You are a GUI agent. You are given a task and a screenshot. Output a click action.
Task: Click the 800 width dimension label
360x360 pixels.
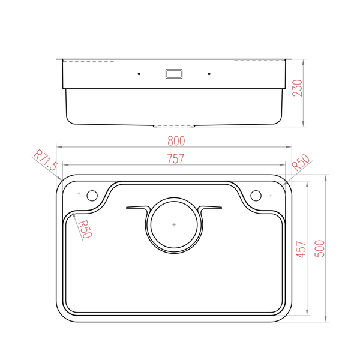point(176,141)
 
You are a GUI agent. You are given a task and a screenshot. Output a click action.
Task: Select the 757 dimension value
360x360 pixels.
point(176,158)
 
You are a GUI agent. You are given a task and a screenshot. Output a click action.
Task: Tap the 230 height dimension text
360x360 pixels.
point(298,88)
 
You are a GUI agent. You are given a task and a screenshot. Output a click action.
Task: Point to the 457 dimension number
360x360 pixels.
point(301,250)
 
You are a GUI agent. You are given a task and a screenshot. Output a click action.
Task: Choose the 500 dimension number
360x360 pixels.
point(319,248)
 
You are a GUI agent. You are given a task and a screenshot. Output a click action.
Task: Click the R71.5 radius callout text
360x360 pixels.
point(46,160)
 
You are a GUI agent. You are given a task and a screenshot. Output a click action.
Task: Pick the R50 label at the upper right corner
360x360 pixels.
point(301,163)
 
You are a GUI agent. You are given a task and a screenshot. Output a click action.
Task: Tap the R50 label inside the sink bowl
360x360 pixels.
point(85,229)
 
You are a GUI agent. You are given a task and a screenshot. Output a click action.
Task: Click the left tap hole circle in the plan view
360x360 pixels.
point(92,196)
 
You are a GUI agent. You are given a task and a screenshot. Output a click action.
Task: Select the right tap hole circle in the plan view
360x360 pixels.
point(256,196)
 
